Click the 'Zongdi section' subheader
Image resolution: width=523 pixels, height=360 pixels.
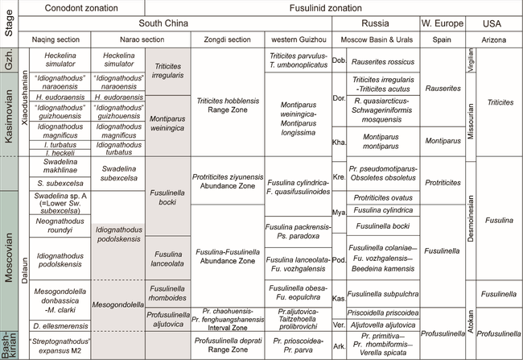[220, 39]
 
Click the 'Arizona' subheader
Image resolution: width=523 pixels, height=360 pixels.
[499, 39]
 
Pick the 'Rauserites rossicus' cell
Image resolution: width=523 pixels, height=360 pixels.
[383, 61]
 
